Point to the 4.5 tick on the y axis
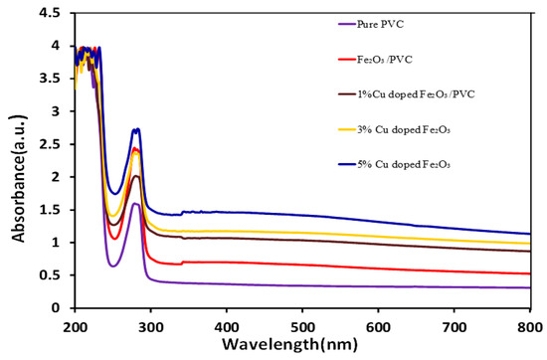[56, 13]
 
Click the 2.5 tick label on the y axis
[56, 144]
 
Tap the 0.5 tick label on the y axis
[56, 275]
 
